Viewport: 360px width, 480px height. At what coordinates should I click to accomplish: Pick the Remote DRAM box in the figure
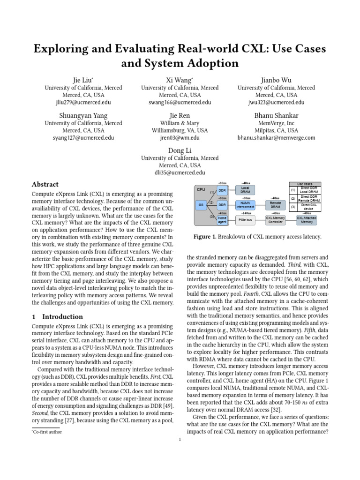coord(276,205)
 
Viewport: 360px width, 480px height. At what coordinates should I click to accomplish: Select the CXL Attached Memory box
coord(306,219)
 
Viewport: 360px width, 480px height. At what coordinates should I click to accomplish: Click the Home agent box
coord(223,219)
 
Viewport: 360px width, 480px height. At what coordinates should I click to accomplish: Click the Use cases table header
coord(306,184)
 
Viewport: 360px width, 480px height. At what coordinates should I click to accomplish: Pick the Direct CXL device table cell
coord(310,206)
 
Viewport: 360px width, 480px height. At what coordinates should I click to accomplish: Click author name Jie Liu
coord(83,80)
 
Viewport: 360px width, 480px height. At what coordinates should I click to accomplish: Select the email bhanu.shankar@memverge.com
coord(276,138)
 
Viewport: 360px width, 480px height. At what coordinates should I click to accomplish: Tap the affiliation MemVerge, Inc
coord(276,123)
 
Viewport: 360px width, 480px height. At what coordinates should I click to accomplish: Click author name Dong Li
coord(180,150)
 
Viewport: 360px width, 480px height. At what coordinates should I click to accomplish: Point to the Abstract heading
coord(45,184)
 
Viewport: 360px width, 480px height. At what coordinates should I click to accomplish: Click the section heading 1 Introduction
coord(57,316)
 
